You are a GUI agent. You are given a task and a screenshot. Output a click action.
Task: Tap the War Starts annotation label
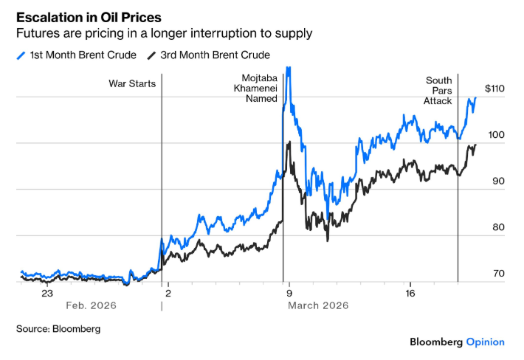132,83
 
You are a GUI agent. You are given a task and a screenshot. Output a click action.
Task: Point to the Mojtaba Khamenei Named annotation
259,88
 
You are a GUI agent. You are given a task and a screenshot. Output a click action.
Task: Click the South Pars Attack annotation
438,90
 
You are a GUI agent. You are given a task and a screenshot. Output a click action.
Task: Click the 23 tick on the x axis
46,293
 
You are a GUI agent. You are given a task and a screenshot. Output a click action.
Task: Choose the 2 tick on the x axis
168,293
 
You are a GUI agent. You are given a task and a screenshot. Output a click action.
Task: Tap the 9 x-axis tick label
289,293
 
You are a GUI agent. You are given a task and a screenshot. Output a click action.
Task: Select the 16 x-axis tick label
410,293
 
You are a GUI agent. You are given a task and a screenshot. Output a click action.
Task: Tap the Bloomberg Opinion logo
458,342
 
